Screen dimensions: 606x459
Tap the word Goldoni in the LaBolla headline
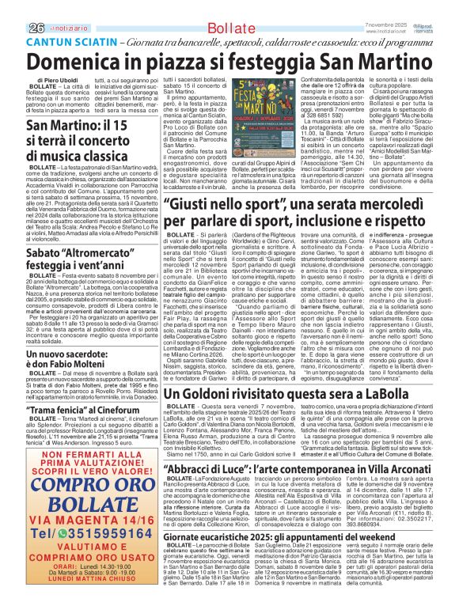coord(211,392)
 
